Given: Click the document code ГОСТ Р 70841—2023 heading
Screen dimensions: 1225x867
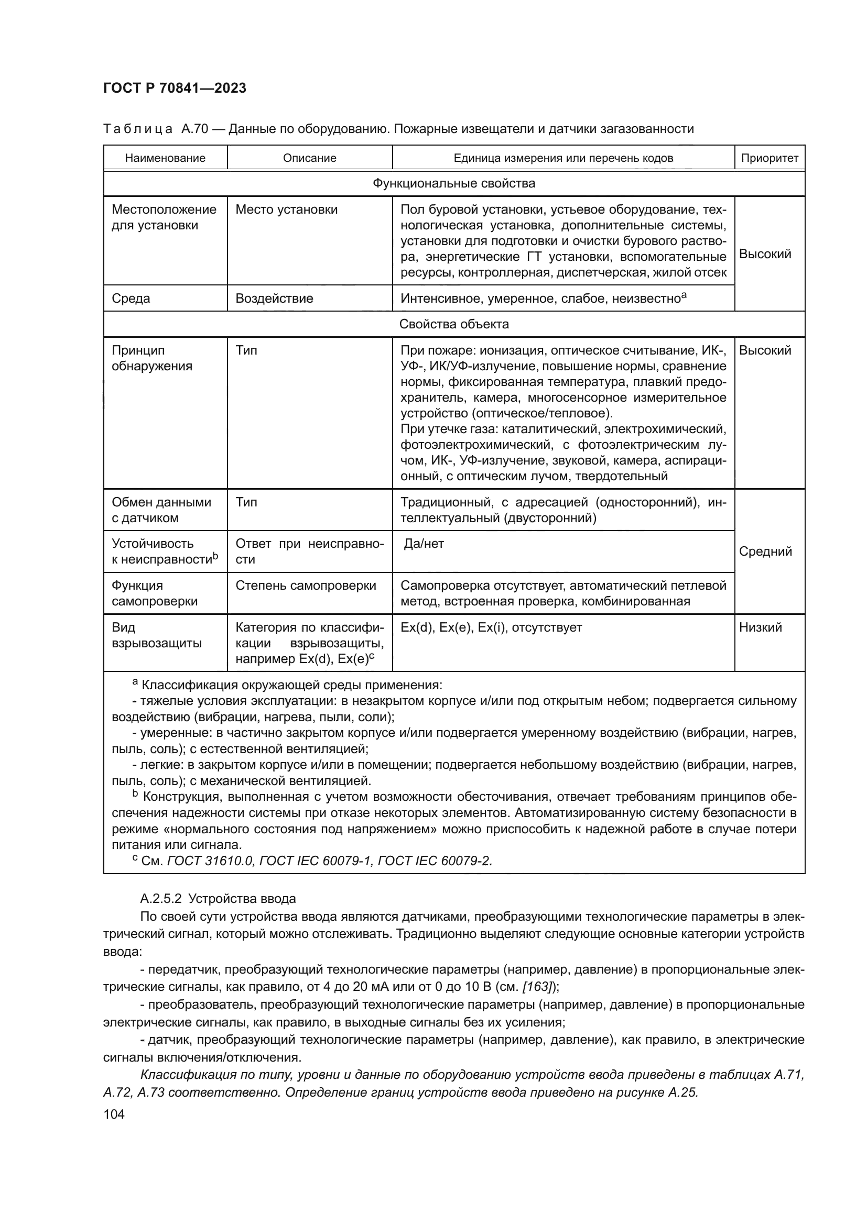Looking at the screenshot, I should pyautogui.click(x=175, y=88).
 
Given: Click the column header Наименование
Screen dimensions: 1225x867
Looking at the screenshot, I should pyautogui.click(x=165, y=158).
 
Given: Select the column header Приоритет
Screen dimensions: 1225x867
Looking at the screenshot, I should pyautogui.click(x=770, y=158).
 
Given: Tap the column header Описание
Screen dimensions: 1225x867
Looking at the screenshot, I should pyautogui.click(x=310, y=158).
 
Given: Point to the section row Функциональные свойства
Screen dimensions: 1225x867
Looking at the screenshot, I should pyautogui.click(x=454, y=183).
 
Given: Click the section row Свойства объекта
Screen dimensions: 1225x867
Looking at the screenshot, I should pyautogui.click(x=454, y=324).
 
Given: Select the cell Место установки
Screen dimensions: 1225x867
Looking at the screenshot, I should pyautogui.click(x=287, y=209).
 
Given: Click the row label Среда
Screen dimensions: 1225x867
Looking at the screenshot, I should pyautogui.click(x=131, y=298).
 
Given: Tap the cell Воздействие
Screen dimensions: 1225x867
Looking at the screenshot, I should pyautogui.click(x=274, y=298).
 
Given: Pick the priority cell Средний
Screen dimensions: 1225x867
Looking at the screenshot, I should pyautogui.click(x=765, y=551).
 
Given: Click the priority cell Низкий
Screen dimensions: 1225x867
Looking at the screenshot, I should pyautogui.click(x=760, y=627).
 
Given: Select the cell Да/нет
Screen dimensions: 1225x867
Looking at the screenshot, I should pyautogui.click(x=424, y=544).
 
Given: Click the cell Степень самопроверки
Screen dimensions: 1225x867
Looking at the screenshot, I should pyautogui.click(x=306, y=586).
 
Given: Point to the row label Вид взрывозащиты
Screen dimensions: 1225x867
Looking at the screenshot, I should pyautogui.click(x=156, y=635).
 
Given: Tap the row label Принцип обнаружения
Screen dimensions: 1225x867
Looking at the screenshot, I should pyautogui.click(x=151, y=358).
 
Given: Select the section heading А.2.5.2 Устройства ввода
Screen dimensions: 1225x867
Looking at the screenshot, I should pyautogui.click(x=218, y=899).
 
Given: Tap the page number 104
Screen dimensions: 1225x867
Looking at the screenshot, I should pyautogui.click(x=114, y=1113).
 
